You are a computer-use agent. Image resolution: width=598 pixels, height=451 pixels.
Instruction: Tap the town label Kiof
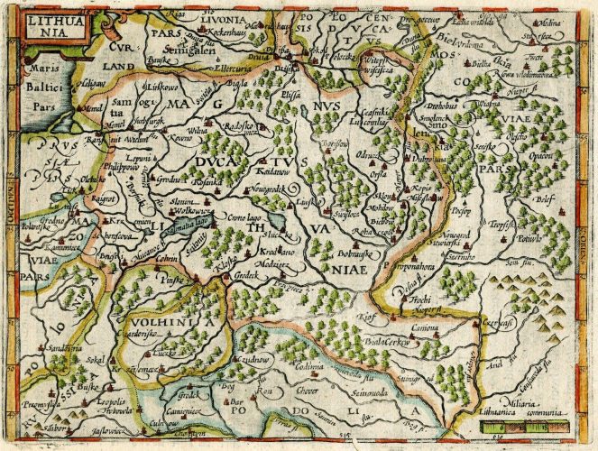pos(365,318)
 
